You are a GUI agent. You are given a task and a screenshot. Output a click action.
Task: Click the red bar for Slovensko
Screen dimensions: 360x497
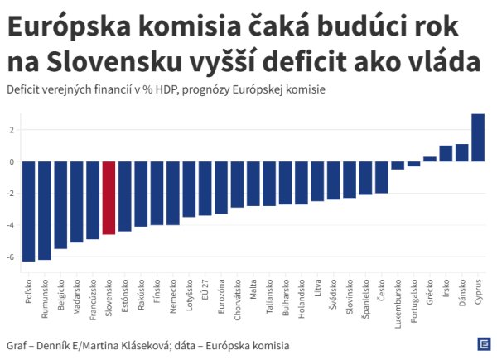[x=109, y=198]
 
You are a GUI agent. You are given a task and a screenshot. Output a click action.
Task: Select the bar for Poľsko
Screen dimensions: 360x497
[x=28, y=211]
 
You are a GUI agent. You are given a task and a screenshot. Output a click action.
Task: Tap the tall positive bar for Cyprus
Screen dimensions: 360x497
[x=478, y=137]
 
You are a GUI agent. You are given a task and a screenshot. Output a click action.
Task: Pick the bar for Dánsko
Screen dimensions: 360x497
[x=462, y=153]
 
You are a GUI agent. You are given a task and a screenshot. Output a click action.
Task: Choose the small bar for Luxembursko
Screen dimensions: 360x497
[x=398, y=166]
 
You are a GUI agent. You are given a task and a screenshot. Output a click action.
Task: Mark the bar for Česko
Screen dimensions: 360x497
[x=382, y=177]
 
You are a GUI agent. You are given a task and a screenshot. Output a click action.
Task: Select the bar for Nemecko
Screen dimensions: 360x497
[x=172, y=193]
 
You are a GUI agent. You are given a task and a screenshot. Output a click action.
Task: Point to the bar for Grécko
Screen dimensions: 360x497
[x=430, y=159]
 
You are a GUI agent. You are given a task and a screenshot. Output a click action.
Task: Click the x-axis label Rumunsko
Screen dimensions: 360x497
[x=45, y=302]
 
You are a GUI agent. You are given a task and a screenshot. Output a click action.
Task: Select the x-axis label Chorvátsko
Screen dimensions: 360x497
[x=237, y=305]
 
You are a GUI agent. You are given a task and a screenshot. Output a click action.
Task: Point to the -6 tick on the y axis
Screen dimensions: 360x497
[x=12, y=257]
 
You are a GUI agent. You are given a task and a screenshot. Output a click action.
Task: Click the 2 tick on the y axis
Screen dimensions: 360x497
[x=12, y=130]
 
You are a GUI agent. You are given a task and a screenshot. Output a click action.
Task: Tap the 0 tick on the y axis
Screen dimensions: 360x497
[x=12, y=162]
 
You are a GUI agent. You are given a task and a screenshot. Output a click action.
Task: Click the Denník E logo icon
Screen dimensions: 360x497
[x=483, y=343]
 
